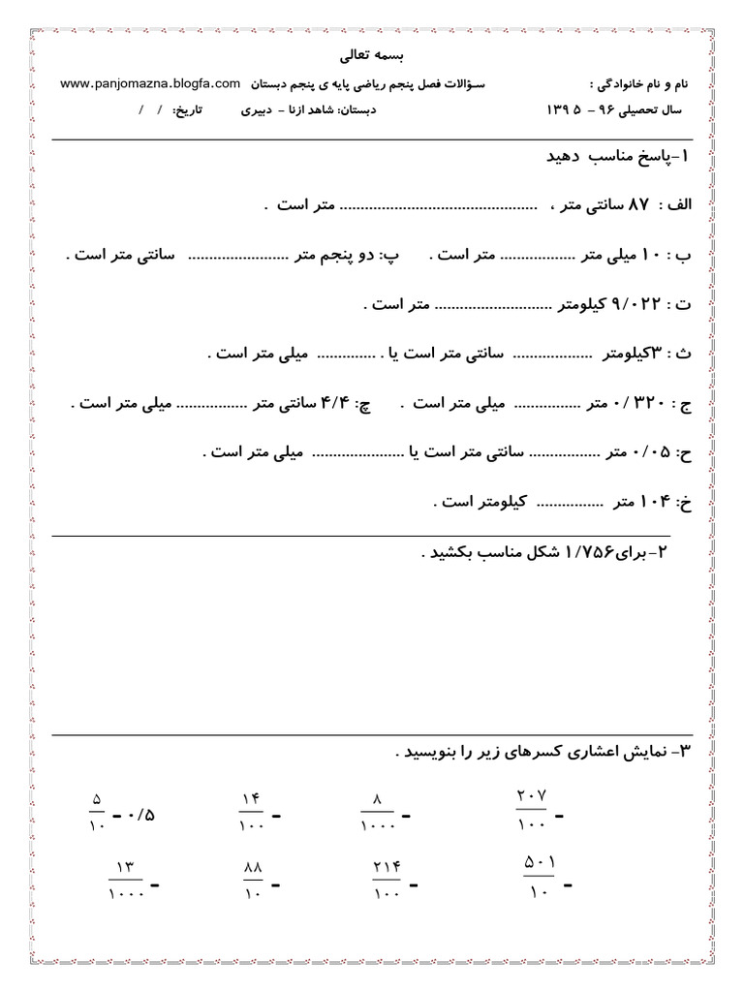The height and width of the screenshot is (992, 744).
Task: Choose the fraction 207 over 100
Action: tap(532, 808)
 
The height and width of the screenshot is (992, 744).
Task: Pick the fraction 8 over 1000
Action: tap(378, 810)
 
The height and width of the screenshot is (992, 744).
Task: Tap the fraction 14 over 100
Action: tap(251, 810)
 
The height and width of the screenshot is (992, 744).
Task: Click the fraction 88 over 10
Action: tap(253, 878)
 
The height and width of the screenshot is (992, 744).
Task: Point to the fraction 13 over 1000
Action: tap(127, 878)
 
